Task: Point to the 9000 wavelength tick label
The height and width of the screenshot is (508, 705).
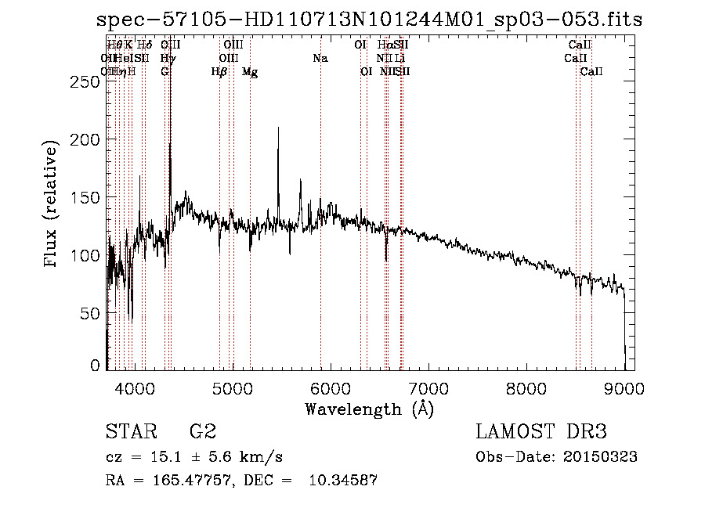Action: [624, 387]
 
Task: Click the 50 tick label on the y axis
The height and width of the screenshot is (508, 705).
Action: [91, 313]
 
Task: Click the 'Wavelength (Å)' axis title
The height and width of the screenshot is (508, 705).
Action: [369, 408]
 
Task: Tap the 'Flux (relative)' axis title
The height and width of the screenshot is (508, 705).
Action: [52, 205]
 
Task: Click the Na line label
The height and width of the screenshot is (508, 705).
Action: [320, 58]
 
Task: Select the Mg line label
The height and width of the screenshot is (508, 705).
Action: [250, 72]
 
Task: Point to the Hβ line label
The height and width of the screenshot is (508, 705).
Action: [219, 72]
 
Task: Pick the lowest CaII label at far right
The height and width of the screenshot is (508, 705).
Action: [591, 72]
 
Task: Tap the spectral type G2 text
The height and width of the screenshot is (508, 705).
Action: [202, 431]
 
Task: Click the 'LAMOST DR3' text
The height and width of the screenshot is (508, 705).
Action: [541, 431]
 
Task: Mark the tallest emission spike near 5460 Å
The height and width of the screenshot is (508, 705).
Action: [278, 130]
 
